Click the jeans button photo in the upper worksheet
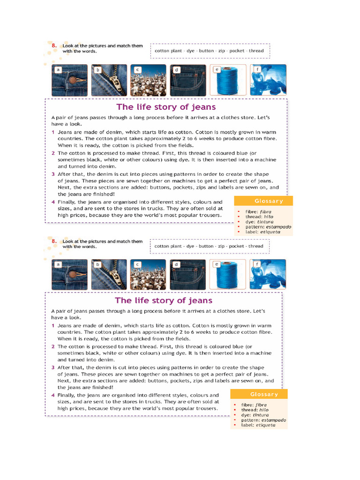69,80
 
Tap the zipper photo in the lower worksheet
109,275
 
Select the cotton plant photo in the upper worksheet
148,80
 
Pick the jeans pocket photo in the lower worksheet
187,275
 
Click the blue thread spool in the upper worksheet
227,80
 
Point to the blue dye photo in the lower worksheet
268,275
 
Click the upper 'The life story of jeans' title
166,107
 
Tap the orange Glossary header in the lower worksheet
264,394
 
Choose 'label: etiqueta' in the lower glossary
257,425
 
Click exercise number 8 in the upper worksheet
54,45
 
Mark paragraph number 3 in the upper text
53,174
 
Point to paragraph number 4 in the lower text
53,395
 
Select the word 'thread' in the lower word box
256,246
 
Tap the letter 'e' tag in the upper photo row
217,69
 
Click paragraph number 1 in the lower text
53,326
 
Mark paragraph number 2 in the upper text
53,153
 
